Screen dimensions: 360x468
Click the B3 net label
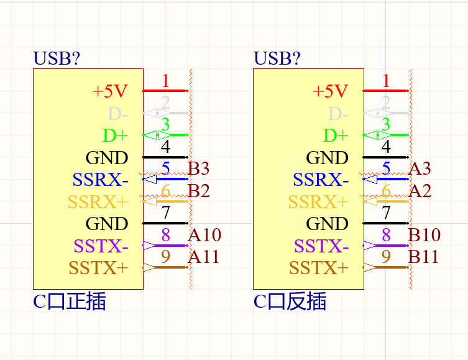[199, 168]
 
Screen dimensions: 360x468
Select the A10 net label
[204, 235]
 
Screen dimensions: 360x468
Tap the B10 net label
[424, 235]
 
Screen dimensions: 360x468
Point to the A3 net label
[420, 168]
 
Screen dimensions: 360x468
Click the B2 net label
[199, 190]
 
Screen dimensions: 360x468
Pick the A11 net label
[204, 257]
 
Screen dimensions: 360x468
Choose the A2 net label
[420, 190]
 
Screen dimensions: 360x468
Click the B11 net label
[424, 257]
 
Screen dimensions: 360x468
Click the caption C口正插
[69, 302]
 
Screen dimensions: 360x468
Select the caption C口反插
[290, 302]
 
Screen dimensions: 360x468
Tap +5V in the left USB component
[109, 91]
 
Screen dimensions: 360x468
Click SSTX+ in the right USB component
[319, 269]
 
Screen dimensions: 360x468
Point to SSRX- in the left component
[100, 180]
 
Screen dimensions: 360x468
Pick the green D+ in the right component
[336, 136]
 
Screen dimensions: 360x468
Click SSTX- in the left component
[101, 246]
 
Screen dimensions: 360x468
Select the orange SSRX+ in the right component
[318, 202]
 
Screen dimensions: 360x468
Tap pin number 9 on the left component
[165, 257]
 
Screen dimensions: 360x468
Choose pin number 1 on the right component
[386, 80]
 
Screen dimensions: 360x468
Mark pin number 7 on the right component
[386, 213]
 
